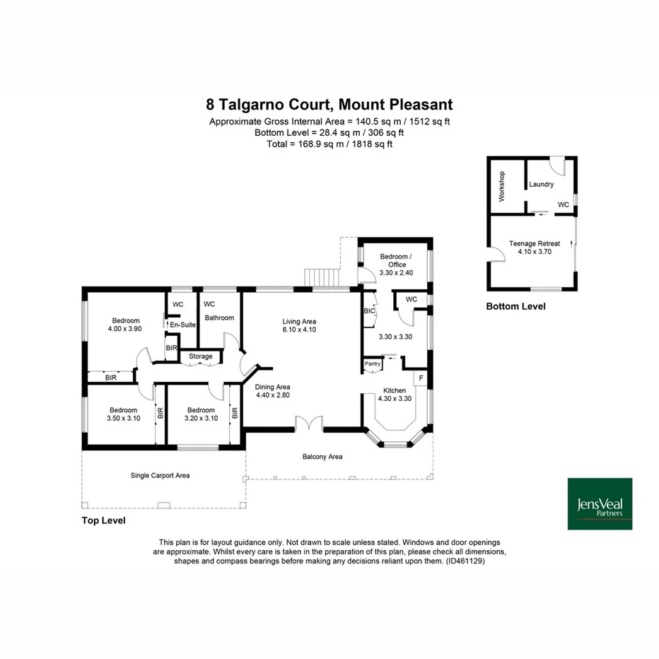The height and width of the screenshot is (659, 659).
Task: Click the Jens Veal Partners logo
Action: [600, 503]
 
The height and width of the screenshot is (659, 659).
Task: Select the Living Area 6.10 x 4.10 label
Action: [299, 325]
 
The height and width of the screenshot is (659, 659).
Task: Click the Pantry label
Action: [372, 364]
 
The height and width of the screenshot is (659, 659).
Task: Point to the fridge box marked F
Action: [421, 378]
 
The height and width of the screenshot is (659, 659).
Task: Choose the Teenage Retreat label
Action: [534, 247]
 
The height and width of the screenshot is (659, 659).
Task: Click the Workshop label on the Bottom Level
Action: [501, 187]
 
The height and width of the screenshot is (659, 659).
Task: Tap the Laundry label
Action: [541, 185]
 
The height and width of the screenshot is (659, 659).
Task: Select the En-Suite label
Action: [182, 325]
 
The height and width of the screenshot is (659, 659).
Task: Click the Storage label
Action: [200, 356]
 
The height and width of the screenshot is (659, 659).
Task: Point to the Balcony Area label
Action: [322, 457]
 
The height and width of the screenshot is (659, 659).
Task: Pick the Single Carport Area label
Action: [160, 475]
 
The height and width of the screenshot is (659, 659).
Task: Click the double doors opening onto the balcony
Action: [308, 423]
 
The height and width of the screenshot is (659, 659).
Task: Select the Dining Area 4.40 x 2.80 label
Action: [273, 392]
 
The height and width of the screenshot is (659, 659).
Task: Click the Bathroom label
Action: [219, 317]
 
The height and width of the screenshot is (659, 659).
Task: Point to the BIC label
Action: [368, 310]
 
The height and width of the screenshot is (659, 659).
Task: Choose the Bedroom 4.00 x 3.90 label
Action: [124, 325]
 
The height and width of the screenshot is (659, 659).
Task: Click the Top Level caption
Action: [103, 520]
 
